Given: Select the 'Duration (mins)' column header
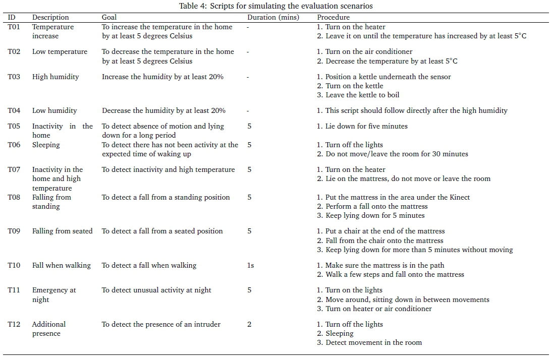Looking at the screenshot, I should [x=273, y=17].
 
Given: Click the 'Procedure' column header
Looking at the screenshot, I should [x=333, y=17].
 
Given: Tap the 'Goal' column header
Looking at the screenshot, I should [x=109, y=17].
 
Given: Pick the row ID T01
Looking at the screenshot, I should [x=14, y=27].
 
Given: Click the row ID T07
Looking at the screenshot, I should [x=14, y=169].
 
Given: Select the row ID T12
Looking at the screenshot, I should [x=14, y=324].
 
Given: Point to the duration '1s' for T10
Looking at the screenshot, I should [x=250, y=265].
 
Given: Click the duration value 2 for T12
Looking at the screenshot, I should [x=249, y=324].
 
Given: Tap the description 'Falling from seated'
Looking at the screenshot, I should [x=62, y=231].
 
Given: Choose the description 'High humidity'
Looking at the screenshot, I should [x=56, y=77].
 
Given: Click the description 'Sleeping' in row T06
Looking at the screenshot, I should [x=46, y=145].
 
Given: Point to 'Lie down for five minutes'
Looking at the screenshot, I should [x=362, y=126].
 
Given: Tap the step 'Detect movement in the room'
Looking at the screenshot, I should [x=369, y=342].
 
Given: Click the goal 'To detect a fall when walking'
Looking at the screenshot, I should [x=149, y=265].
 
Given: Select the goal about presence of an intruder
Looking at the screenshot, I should [x=161, y=324].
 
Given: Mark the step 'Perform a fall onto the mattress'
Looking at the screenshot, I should [x=372, y=206].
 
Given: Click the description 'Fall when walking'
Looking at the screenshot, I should [x=62, y=265].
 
